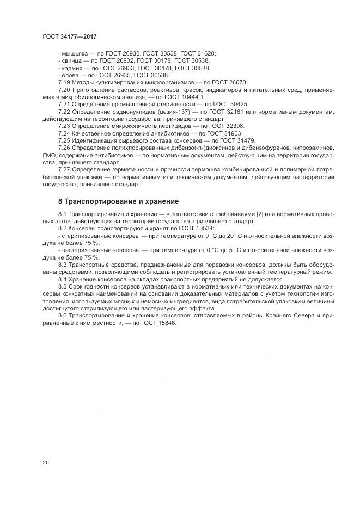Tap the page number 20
click(x=45, y=462)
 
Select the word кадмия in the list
click(x=74, y=68)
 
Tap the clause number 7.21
click(x=64, y=104)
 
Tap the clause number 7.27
click(x=64, y=169)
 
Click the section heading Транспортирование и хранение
click(x=118, y=201)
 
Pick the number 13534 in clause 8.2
click(x=203, y=229)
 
